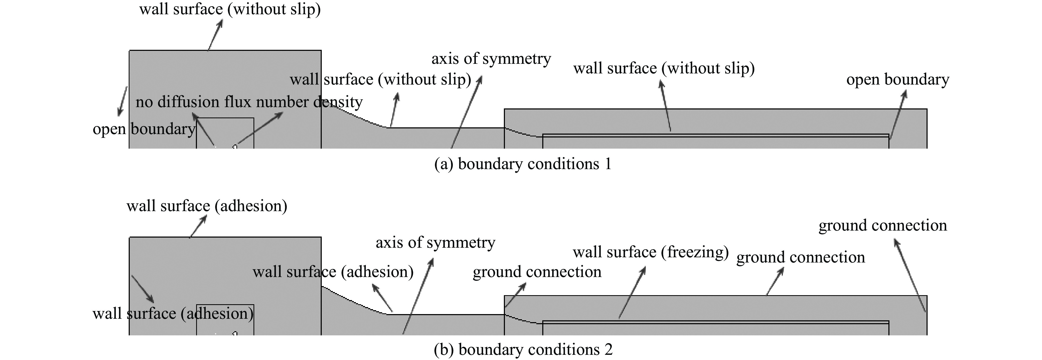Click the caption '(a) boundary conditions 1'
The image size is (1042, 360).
pyautogui.click(x=523, y=164)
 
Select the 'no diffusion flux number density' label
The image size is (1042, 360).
pyautogui.click(x=249, y=102)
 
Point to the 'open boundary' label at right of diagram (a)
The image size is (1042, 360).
pyautogui.click(x=897, y=80)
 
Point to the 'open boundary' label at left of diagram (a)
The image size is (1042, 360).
pyautogui.click(x=144, y=129)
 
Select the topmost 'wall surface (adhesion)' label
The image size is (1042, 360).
pyautogui.click(x=207, y=206)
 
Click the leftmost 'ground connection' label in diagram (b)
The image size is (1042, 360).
pyautogui.click(x=537, y=272)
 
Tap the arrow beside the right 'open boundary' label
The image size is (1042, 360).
pyautogui.click(x=897, y=114)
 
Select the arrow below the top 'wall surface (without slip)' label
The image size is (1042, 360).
pyautogui.click(x=215, y=35)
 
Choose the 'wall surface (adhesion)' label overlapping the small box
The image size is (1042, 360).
pyautogui.click(x=173, y=314)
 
